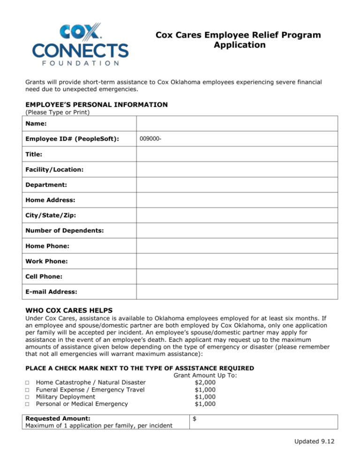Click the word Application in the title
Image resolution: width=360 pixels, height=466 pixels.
point(239,45)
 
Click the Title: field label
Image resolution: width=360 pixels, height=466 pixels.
point(34,154)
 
